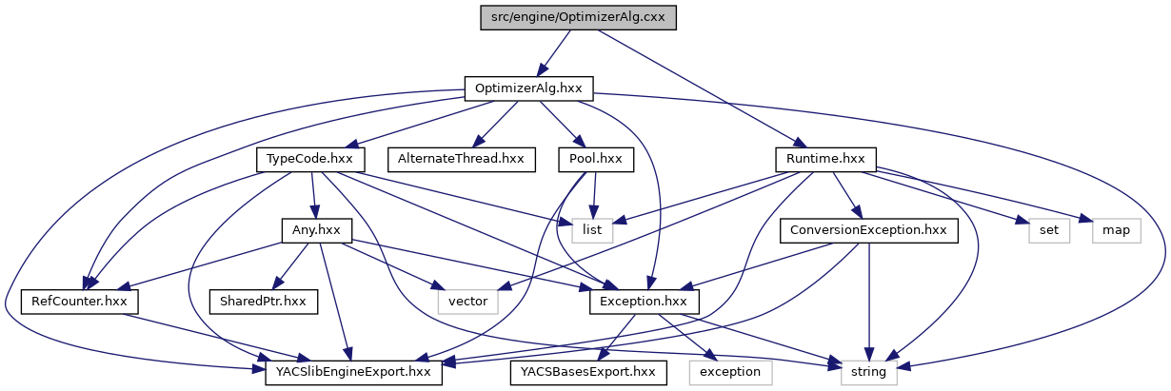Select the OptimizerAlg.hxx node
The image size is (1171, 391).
click(x=528, y=88)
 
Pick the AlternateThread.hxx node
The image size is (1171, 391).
click(x=461, y=159)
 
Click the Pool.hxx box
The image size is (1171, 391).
click(x=595, y=159)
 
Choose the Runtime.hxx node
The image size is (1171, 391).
click(x=825, y=159)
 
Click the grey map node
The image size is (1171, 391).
click(x=1114, y=229)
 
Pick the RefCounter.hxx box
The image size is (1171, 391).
click(x=80, y=301)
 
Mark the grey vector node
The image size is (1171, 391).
click(x=467, y=301)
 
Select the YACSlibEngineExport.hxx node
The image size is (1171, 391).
click(x=353, y=372)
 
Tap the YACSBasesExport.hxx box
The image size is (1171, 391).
click(x=583, y=372)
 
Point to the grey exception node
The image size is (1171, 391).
click(x=730, y=372)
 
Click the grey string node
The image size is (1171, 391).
click(x=868, y=372)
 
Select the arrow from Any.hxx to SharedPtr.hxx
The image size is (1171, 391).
click(x=289, y=265)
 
